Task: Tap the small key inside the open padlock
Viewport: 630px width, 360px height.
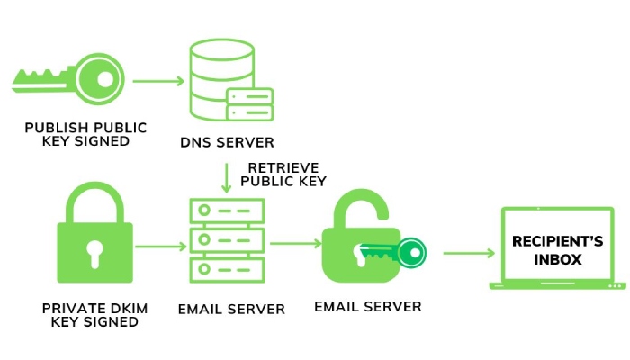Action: point(397,252)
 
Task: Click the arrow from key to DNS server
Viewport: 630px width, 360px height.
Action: point(158,82)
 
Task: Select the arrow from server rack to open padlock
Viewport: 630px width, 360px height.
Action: point(295,244)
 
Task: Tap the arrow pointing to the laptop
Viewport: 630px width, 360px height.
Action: point(468,253)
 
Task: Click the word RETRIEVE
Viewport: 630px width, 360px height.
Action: point(281,167)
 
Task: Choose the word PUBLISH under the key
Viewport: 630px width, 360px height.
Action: point(60,127)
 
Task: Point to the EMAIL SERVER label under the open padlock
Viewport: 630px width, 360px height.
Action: point(367,307)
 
